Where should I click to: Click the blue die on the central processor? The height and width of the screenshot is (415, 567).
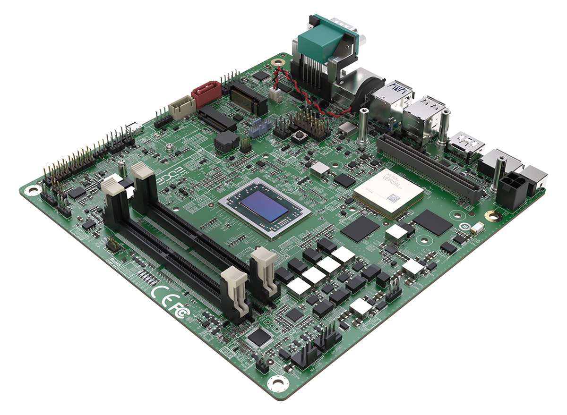pos(264,207)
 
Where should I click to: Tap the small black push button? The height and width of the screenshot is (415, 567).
pos(299,138)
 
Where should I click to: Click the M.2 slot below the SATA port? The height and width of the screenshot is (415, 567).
pos(217,118)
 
